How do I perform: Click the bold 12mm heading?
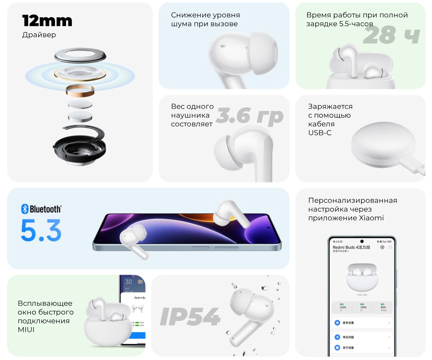click(47, 21)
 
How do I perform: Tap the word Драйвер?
click(39, 35)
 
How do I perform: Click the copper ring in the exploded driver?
click(80, 90)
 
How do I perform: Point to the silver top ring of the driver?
click(80, 55)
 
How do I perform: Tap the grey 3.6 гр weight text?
click(249, 116)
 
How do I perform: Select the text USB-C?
click(320, 133)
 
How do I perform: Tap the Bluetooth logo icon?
click(25, 209)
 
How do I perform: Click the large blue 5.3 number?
click(41, 230)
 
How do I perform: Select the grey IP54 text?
click(190, 317)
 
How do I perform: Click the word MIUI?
click(26, 329)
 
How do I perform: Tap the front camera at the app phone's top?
click(362, 241)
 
